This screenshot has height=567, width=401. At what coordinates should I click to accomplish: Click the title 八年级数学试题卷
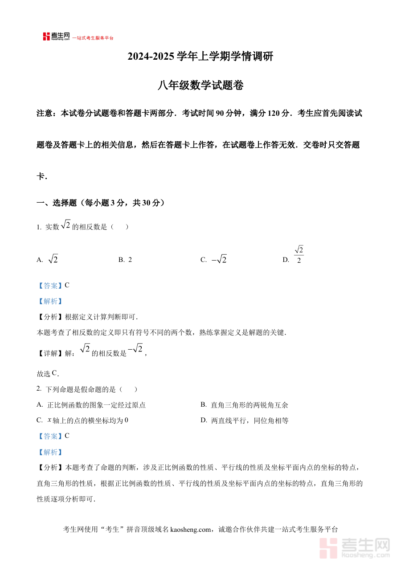200,86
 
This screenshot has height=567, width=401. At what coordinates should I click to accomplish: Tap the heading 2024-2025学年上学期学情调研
200,57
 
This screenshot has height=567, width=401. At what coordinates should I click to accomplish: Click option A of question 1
48,260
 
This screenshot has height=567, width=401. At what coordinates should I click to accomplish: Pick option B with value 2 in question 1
125,260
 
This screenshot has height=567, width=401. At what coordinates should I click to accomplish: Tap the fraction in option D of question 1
299,255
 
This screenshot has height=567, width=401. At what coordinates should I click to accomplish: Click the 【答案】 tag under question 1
50,286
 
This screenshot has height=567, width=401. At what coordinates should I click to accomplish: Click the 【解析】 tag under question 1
50,301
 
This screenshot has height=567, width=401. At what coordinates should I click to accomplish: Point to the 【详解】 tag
50,353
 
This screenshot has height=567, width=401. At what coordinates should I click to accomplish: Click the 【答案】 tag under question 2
50,436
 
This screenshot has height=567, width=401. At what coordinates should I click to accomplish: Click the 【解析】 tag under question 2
50,452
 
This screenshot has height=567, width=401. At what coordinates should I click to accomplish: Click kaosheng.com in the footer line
190,530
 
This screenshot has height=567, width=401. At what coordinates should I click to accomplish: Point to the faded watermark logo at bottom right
355,547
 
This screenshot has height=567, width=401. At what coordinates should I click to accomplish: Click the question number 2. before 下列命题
39,389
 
